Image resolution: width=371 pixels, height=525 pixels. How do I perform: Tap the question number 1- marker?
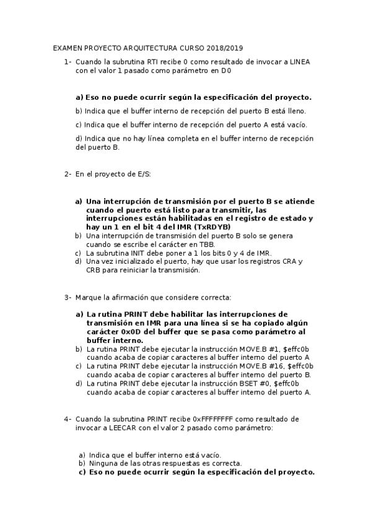click(x=68, y=61)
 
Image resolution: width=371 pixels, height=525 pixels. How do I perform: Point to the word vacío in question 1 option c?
click(x=295, y=124)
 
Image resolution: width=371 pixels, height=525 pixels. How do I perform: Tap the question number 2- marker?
click(x=68, y=175)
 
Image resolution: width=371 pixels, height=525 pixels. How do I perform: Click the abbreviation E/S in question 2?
click(x=143, y=175)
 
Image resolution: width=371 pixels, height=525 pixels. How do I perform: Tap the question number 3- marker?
click(x=68, y=298)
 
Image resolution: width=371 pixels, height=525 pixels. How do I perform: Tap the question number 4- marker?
click(x=68, y=419)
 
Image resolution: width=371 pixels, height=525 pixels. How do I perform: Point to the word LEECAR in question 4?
click(x=123, y=428)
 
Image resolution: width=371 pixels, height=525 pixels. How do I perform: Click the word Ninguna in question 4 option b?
click(x=103, y=462)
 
